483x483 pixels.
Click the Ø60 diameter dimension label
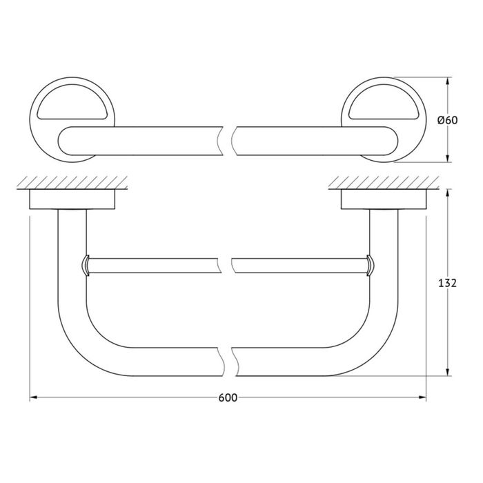point(448,120)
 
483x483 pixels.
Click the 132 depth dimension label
point(447,283)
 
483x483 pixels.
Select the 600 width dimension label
point(228,397)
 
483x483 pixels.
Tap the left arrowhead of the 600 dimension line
point(33,397)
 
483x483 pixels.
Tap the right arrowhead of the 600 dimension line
point(422,397)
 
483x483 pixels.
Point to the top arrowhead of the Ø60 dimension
point(448,81)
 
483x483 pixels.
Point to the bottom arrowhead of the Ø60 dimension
point(448,158)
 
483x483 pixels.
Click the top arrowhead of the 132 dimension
point(448,193)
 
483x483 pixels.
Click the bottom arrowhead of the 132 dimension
point(448,372)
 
